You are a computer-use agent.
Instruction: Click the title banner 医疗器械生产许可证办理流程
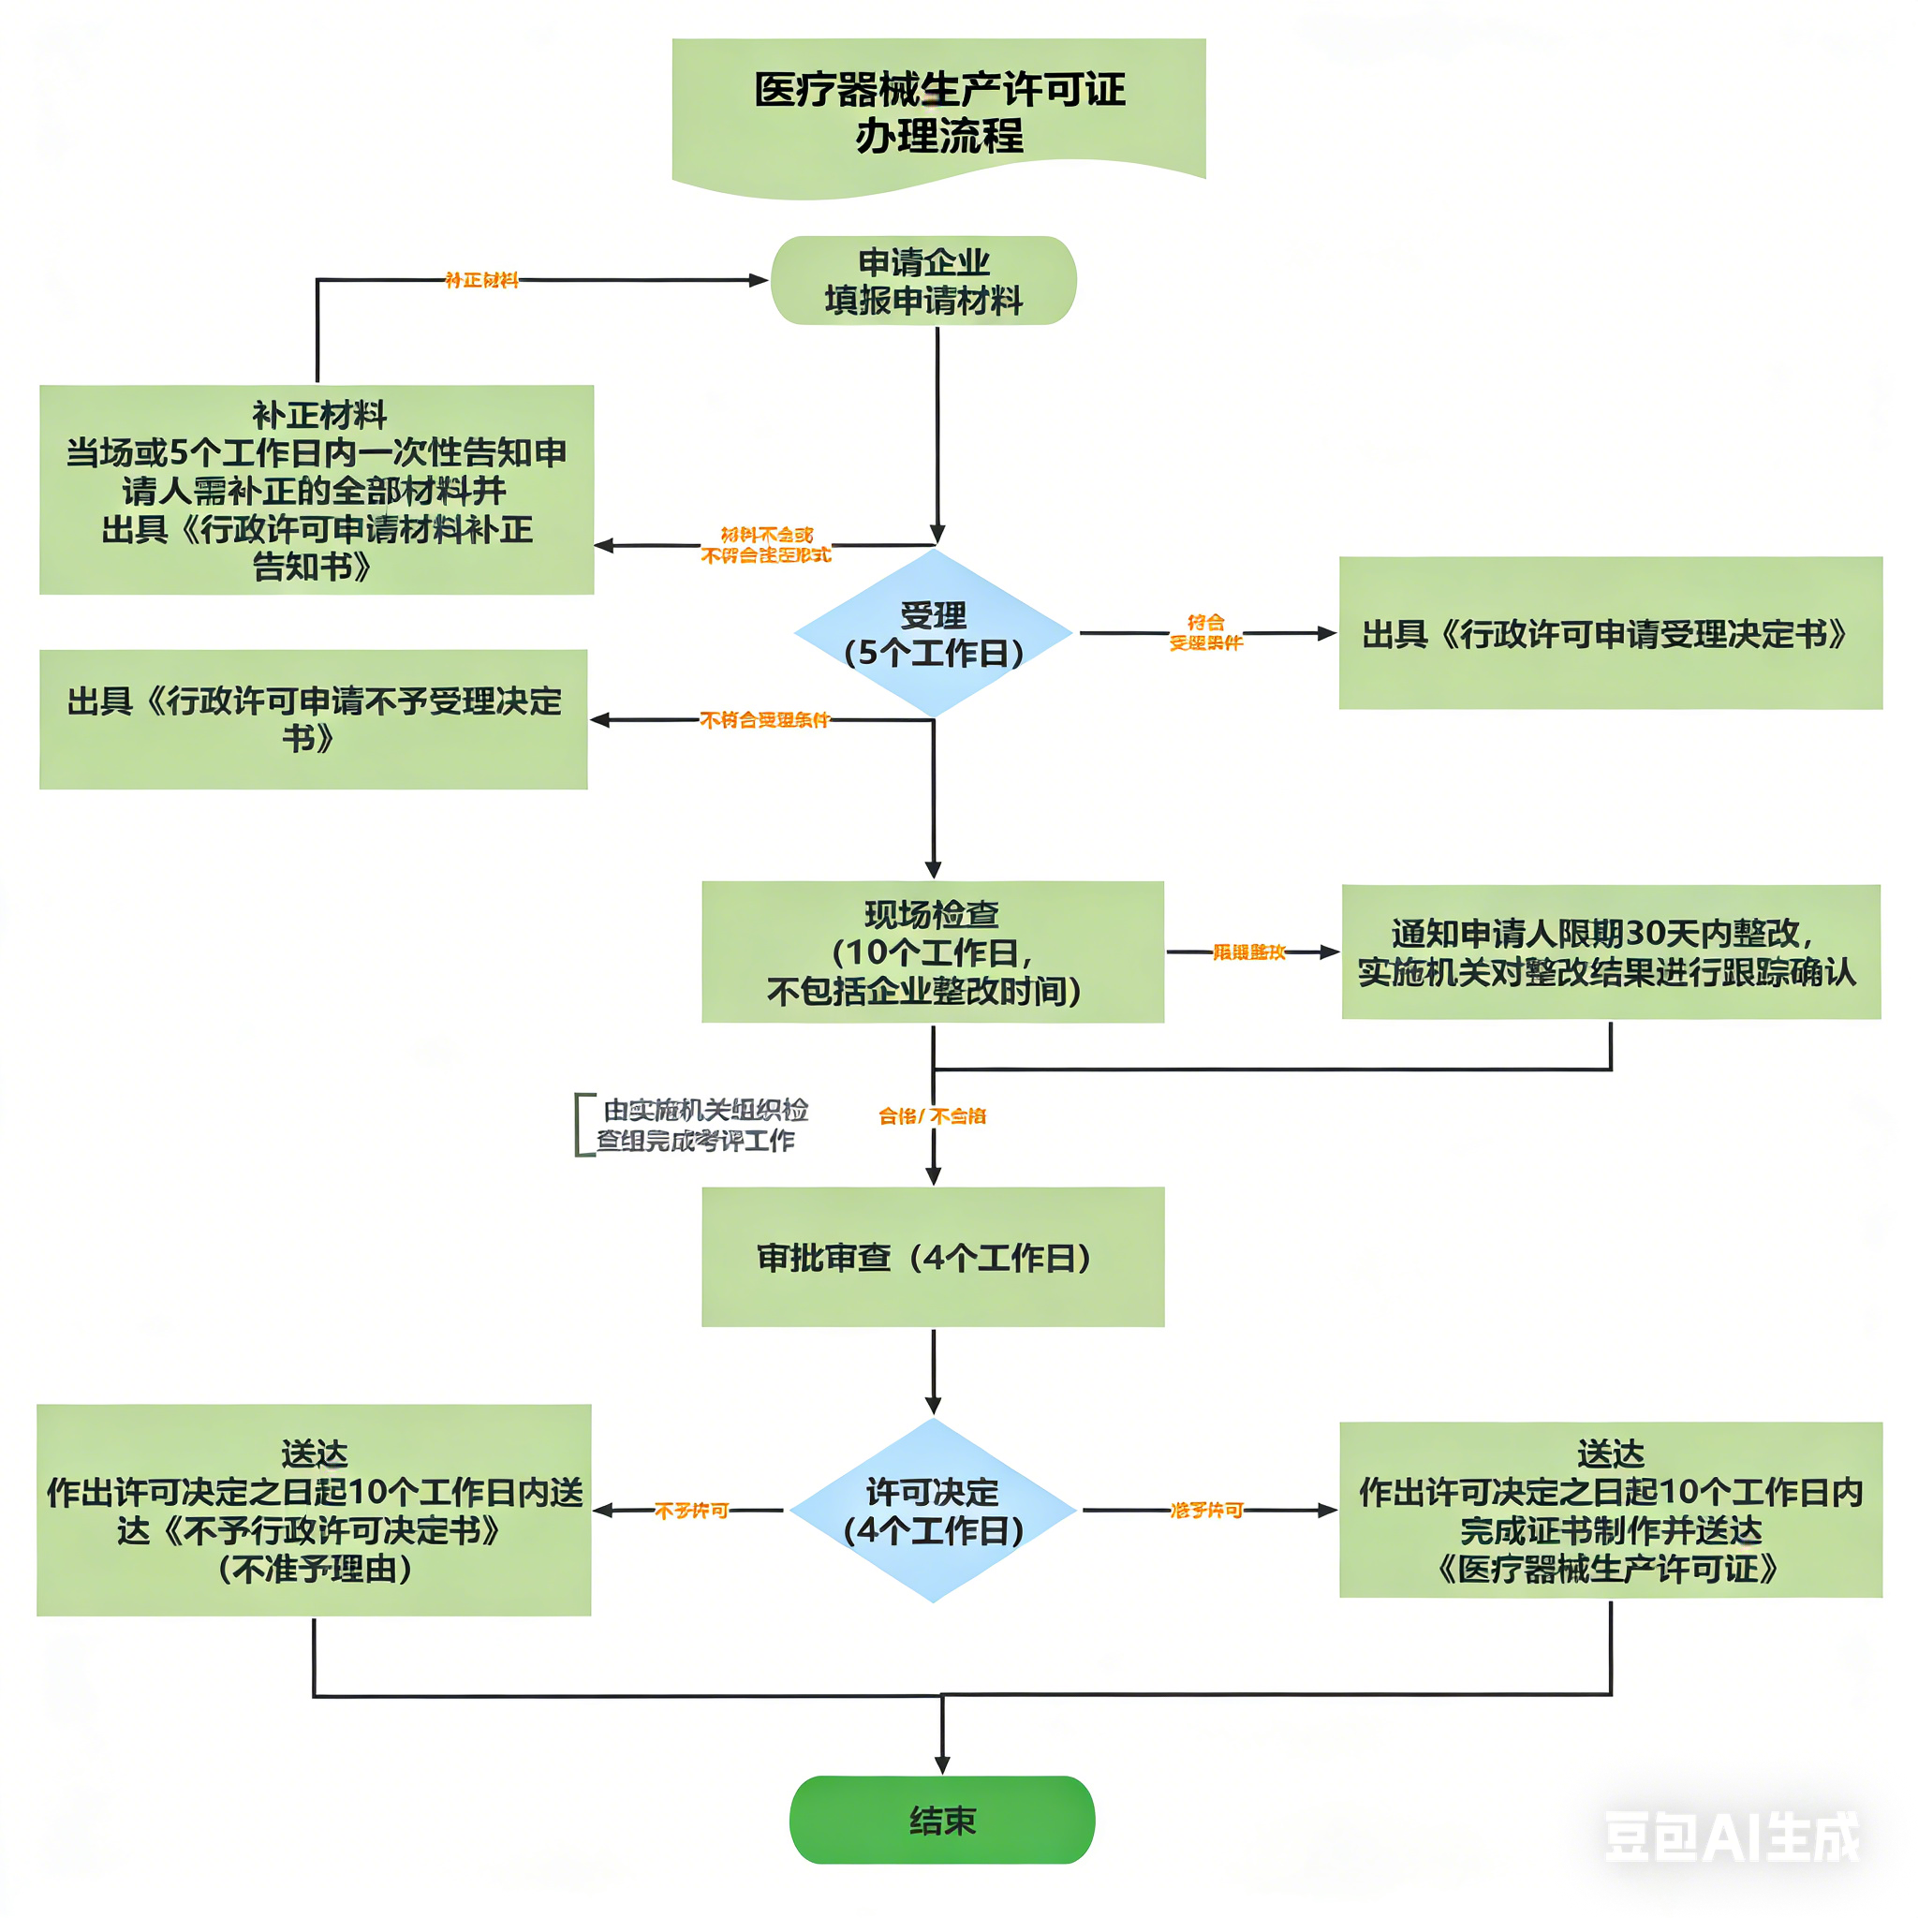coord(938,112)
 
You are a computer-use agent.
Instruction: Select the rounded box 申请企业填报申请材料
coord(923,281)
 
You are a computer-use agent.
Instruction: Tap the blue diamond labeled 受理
coord(932,633)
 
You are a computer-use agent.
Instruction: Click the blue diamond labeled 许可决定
coord(932,1510)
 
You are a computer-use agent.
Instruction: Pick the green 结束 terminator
coord(941,1821)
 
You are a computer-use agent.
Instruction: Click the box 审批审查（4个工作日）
coord(932,1257)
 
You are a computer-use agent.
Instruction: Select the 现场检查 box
coord(932,952)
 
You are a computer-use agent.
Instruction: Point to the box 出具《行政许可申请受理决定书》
coord(1609,633)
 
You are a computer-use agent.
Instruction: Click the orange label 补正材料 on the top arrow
coord(481,281)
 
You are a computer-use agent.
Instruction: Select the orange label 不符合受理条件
coord(763,720)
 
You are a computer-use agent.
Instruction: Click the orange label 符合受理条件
coord(1205,632)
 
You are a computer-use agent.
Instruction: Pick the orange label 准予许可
coord(1206,1510)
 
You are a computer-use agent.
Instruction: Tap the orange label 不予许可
coord(692,1510)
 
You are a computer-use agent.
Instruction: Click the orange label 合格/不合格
coord(932,1115)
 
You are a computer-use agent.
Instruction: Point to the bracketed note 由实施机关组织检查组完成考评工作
coord(700,1125)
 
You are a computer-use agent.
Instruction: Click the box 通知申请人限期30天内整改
coord(1609,952)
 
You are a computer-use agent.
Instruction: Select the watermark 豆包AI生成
coord(1732,1837)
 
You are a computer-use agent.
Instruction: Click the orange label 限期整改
coord(1249,952)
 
